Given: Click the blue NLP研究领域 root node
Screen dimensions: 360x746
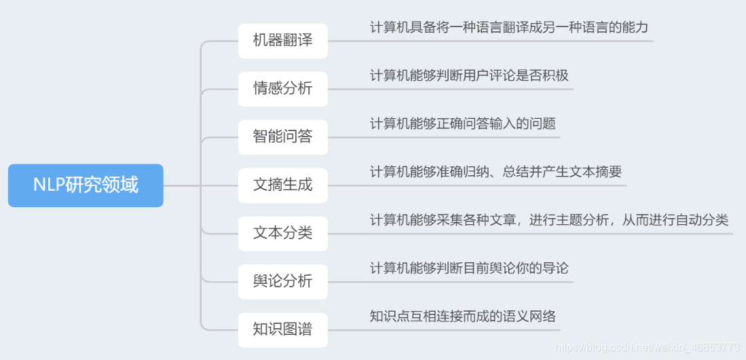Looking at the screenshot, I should click(86, 185).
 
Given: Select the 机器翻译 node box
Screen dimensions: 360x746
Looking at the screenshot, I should click(282, 40).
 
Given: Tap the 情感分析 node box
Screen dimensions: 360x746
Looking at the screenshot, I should click(282, 88).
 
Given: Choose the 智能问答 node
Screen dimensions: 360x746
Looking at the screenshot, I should click(282, 137).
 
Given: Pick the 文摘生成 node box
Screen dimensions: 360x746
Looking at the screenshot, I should click(282, 185).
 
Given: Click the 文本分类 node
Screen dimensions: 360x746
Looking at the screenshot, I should click(282, 233).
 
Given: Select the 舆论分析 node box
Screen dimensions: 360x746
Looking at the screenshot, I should click(282, 281).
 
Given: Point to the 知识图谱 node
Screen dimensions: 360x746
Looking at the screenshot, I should click(282, 329).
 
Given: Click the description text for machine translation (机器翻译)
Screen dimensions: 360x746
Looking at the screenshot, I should click(509, 28).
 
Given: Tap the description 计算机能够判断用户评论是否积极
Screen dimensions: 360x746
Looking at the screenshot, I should click(469, 75).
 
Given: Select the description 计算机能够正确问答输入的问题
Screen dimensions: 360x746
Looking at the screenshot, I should click(462, 124).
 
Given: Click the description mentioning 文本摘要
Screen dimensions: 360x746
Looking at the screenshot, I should click(496, 172).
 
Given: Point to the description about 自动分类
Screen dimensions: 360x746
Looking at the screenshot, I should click(549, 220).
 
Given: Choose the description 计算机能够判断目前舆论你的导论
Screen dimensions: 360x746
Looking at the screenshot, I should click(469, 268).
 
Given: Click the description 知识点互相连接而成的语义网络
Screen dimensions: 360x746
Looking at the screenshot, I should click(462, 316).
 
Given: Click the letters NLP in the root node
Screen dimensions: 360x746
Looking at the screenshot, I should click(49, 185).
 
